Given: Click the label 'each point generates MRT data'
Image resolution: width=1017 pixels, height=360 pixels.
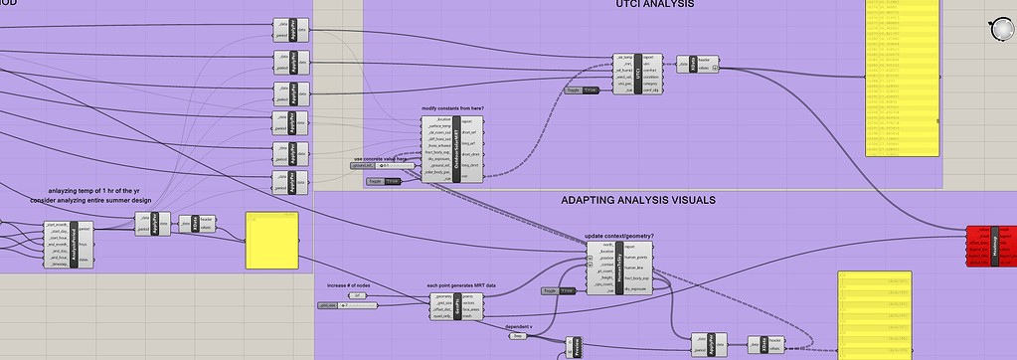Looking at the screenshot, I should coord(462,286).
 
